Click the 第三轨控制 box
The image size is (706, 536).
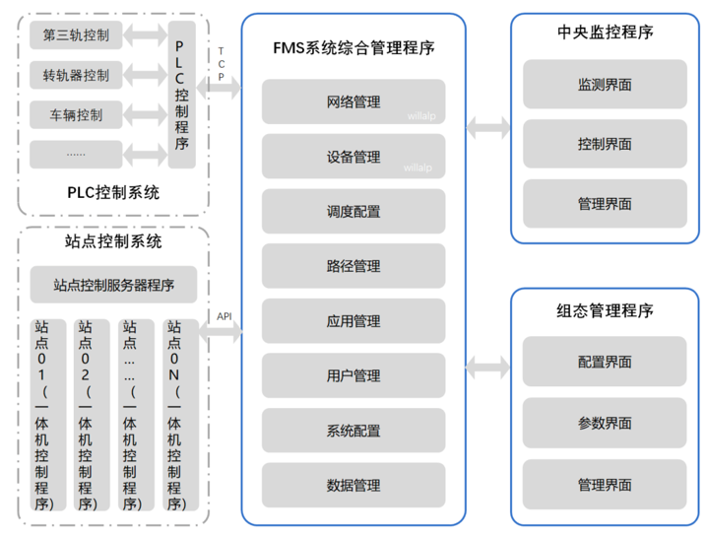76,37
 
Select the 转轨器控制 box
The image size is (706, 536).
76,75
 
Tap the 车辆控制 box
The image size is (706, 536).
76,114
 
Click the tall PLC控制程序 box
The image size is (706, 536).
181,94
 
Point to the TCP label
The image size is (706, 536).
221,63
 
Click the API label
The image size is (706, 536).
225,315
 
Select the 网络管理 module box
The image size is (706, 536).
353,102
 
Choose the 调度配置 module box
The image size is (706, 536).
353,212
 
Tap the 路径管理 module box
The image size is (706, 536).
353,266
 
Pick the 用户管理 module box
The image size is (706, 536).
353,375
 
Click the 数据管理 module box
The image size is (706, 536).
353,485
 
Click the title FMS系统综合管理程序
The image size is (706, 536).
353,47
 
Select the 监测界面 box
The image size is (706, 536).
605,85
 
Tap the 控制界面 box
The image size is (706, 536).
605,144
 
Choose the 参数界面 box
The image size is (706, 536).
605,424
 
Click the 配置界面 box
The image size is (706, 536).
605,363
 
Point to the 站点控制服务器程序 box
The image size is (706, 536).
114,286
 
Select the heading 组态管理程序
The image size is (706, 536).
605,311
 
